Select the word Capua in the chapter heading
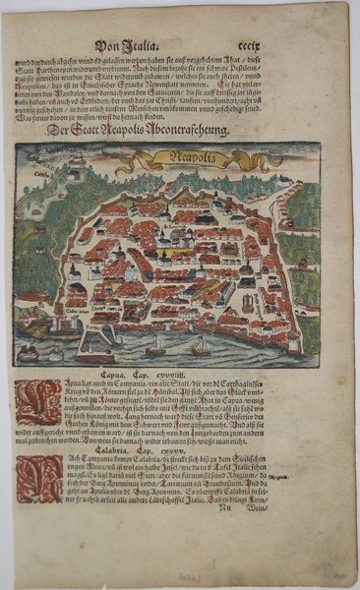tap(144, 376)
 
